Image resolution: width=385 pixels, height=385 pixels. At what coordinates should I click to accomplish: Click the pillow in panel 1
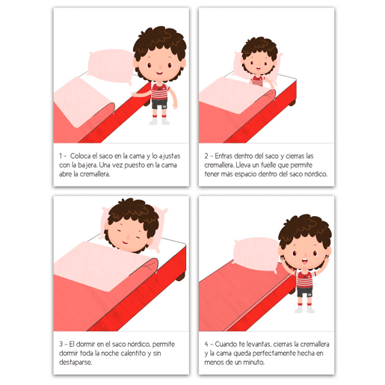(111, 67)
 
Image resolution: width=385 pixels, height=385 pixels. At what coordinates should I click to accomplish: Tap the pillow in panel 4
(256, 255)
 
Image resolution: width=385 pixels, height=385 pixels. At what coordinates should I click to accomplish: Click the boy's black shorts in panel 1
(159, 104)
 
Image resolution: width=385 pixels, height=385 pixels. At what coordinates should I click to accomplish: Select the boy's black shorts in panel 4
(304, 292)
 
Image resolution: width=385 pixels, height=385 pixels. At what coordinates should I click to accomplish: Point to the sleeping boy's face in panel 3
(128, 235)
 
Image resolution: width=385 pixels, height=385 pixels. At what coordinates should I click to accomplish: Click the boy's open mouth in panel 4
(305, 262)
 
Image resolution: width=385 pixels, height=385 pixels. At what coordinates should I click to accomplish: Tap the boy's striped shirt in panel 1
(159, 91)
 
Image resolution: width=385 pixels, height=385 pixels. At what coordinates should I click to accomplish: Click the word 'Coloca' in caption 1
(80, 156)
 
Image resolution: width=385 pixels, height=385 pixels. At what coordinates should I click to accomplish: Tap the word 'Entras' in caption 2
(224, 156)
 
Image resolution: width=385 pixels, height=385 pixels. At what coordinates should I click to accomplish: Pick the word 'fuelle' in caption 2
(270, 165)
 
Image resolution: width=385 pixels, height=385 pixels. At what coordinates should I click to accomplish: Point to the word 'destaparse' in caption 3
(76, 362)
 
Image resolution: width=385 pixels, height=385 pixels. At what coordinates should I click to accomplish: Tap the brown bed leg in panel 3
(181, 276)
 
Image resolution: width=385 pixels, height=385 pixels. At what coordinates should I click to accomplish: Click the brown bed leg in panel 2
(292, 102)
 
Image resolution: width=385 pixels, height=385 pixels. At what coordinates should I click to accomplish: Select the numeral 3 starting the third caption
(61, 344)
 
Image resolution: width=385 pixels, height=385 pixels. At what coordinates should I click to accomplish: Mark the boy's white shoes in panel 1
(159, 122)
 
